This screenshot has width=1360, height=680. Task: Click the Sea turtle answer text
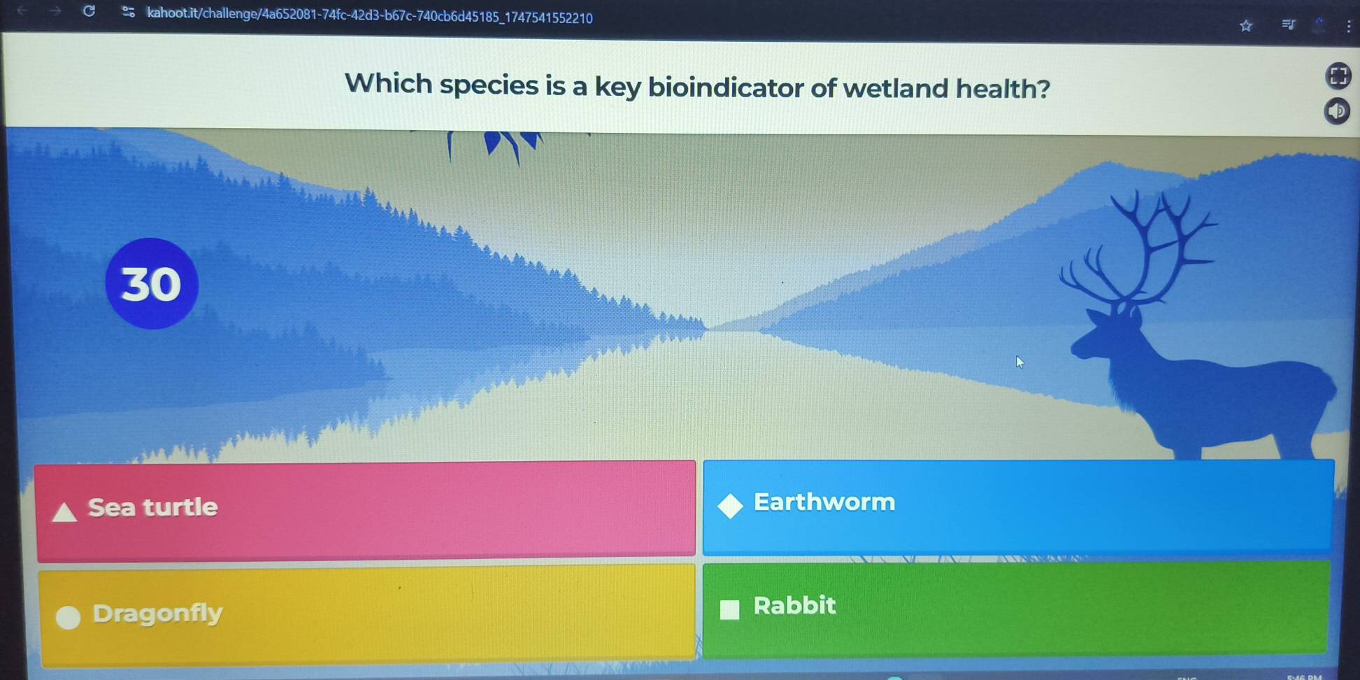click(x=152, y=507)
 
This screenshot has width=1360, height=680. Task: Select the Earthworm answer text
click(x=824, y=502)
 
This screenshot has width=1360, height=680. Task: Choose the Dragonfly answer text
click(x=157, y=613)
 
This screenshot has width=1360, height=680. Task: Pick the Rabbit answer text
click(x=794, y=605)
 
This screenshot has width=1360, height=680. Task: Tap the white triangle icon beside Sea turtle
click(x=64, y=512)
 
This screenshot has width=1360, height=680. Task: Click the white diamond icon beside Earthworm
click(x=730, y=506)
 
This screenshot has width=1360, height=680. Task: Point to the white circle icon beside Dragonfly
click(x=69, y=617)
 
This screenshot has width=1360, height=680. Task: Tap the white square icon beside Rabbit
click(x=730, y=609)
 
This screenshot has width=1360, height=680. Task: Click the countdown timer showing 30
click(x=152, y=283)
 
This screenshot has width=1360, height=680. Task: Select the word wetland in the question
click(x=895, y=89)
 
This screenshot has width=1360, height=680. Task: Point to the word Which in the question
click(x=389, y=84)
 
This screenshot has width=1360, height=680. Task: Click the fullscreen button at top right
click(x=1338, y=76)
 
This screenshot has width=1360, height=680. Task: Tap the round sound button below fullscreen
click(x=1337, y=111)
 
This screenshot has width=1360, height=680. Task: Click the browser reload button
click(x=89, y=10)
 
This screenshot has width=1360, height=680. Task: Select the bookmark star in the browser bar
click(x=1245, y=26)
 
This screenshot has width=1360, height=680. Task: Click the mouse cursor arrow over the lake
click(x=1019, y=362)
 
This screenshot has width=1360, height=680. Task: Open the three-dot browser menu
click(x=1349, y=27)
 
